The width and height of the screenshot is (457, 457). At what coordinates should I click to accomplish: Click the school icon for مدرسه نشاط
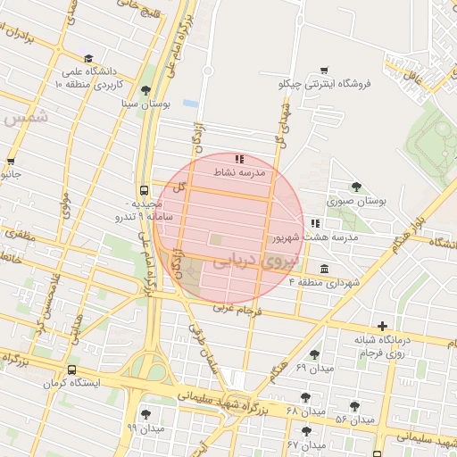pyautogui.click(x=238, y=159)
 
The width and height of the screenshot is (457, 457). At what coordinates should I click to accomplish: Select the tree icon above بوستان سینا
pyautogui.click(x=145, y=89)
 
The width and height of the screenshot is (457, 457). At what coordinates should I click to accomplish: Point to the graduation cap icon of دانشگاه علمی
pyautogui.click(x=87, y=58)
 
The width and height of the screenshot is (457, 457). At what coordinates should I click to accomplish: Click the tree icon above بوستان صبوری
pyautogui.click(x=356, y=187)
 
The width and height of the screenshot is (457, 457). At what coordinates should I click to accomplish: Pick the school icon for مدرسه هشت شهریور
pyautogui.click(x=314, y=223)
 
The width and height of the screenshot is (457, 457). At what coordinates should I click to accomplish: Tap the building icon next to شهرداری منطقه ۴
pyautogui.click(x=323, y=269)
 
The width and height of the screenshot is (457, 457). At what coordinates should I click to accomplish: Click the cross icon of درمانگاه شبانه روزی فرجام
pyautogui.click(x=382, y=327)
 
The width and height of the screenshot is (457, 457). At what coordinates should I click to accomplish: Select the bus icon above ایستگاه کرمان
pyautogui.click(x=71, y=370)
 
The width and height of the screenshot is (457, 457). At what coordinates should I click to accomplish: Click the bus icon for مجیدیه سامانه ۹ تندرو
pyautogui.click(x=144, y=190)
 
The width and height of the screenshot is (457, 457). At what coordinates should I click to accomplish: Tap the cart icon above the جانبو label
pyautogui.click(x=11, y=162)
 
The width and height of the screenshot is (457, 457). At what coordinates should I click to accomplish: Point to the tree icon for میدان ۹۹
pyautogui.click(x=145, y=414)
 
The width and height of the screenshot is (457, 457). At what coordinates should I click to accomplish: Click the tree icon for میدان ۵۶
pyautogui.click(x=354, y=406)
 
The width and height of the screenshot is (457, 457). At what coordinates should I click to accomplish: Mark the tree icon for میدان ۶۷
pyautogui.click(x=307, y=431)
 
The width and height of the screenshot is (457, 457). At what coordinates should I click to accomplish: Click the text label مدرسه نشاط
pyautogui.click(x=240, y=171)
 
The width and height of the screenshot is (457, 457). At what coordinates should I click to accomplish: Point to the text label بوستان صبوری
pyautogui.click(x=357, y=201)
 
